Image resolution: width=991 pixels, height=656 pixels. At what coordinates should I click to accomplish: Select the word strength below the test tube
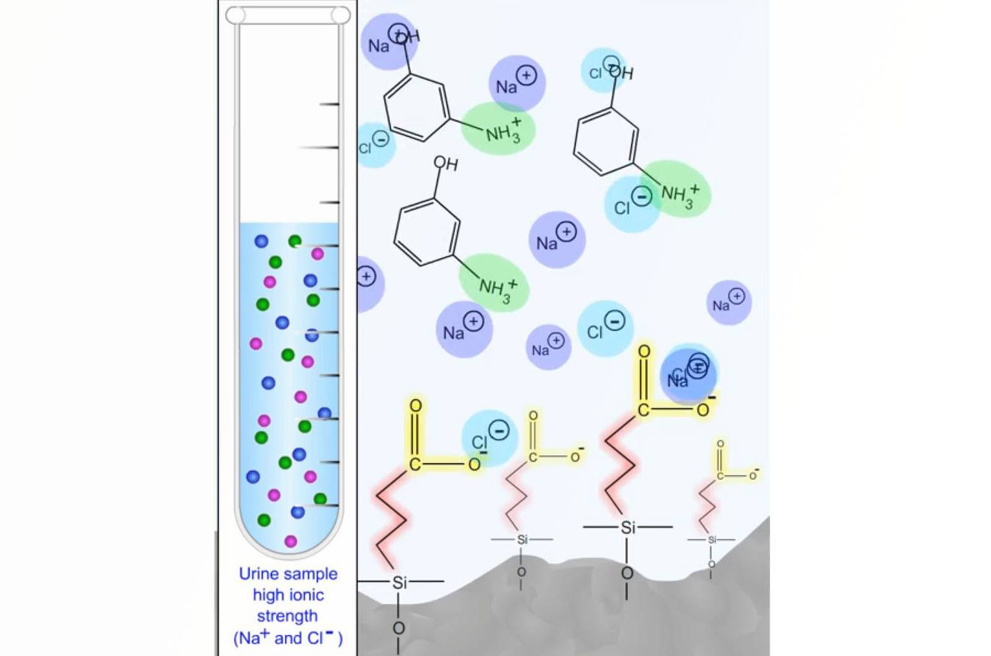tap(287, 616)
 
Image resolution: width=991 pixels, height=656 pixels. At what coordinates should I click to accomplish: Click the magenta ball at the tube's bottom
tap(290, 542)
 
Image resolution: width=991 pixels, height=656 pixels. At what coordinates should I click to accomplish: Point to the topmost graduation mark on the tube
tap(329, 104)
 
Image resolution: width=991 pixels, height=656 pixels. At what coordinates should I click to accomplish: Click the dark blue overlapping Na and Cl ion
tap(688, 375)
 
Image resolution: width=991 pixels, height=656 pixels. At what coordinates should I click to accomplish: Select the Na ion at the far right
tap(728, 302)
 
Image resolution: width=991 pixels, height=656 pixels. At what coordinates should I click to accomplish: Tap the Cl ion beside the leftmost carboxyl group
tap(489, 437)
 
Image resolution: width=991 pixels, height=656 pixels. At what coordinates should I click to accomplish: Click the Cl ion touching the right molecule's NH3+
tap(631, 203)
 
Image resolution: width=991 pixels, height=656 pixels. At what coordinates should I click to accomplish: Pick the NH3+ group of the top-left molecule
tap(499, 130)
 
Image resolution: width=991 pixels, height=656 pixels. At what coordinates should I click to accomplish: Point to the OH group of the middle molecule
tap(445, 163)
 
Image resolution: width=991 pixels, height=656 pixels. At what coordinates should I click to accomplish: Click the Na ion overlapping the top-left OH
tap(388, 42)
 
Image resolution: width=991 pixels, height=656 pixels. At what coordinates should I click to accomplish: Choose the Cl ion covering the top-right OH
tap(604, 69)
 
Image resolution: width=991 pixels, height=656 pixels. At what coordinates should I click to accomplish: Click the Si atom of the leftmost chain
tap(399, 582)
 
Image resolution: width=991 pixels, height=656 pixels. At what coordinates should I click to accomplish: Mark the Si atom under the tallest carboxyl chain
tap(628, 527)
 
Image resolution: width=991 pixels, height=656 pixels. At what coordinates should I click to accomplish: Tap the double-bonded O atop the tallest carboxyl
tap(644, 352)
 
